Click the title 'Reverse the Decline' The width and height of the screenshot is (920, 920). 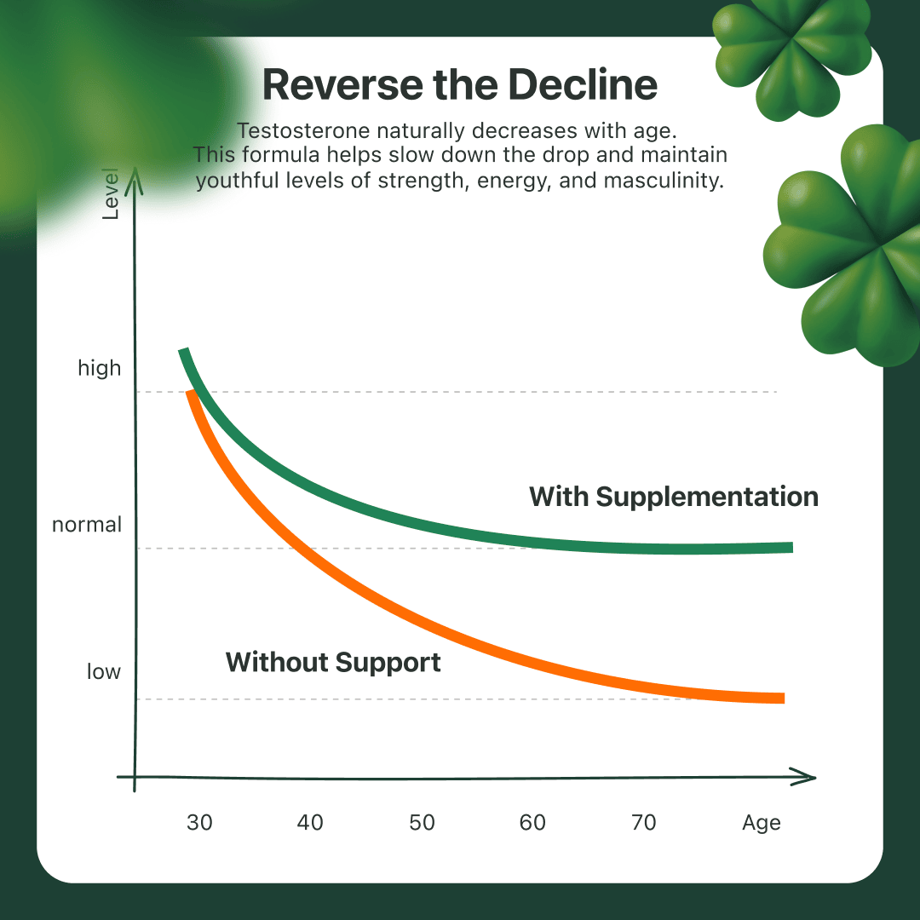pos(459,84)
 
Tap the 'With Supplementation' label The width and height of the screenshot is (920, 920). pos(674,497)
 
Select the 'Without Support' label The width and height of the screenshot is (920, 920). pos(333,663)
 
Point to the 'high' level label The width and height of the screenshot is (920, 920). pos(100,368)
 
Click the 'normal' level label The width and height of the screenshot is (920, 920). pos(87,524)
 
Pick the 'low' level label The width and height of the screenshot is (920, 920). pos(104,670)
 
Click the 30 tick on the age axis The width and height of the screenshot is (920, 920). pos(199,823)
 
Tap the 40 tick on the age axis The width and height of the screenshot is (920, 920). pos(310,823)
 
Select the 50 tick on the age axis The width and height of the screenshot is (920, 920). pos(422,823)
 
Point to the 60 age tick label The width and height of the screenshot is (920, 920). pos(532,823)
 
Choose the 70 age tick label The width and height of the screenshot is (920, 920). pos(644,823)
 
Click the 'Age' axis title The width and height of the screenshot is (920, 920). pos(762,823)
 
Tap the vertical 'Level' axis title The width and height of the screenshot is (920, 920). pos(110,194)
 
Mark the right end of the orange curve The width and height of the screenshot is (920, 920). pos(785,698)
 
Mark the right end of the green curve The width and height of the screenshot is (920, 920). pos(793,548)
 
